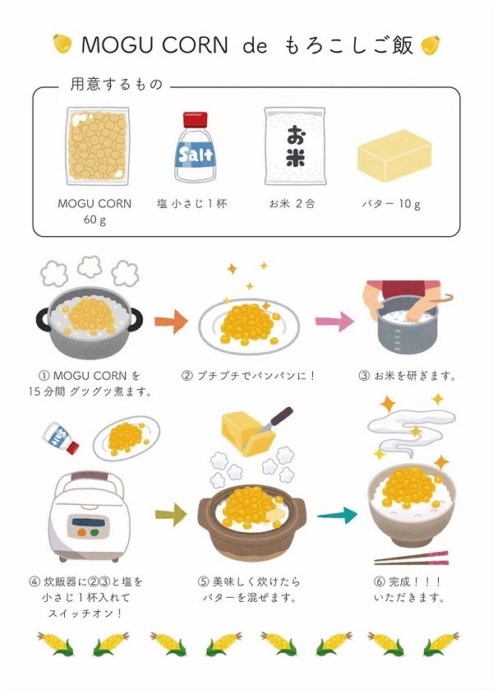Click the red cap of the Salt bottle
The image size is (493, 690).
(x=196, y=119)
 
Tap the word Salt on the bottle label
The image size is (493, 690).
(x=196, y=155)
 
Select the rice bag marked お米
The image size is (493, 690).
(x=295, y=146)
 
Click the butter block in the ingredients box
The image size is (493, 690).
(x=394, y=155)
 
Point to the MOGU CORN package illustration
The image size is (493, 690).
(x=98, y=146)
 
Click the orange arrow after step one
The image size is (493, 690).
(x=171, y=322)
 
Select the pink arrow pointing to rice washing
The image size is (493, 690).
(x=334, y=322)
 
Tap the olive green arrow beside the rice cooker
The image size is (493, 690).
(x=171, y=515)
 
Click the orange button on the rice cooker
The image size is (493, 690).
(x=81, y=532)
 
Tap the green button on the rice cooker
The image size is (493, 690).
(x=94, y=532)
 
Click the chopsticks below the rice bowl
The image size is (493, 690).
(x=411, y=558)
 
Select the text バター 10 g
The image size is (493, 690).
(x=391, y=204)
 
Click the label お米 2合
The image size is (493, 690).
(x=292, y=204)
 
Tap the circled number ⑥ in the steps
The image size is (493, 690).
(x=379, y=581)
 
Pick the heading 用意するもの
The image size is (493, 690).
(x=117, y=84)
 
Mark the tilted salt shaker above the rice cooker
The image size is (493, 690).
(x=61, y=438)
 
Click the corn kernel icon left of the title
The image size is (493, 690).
(x=62, y=44)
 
